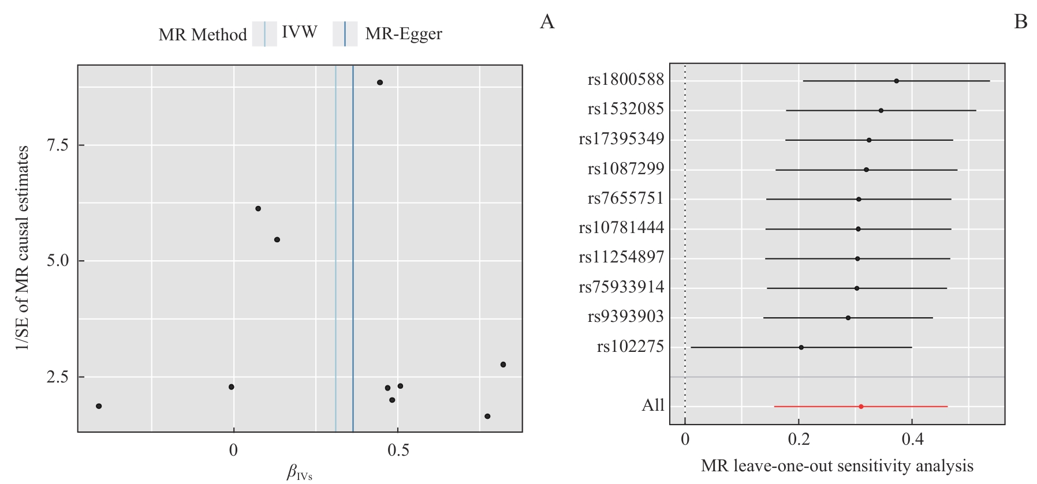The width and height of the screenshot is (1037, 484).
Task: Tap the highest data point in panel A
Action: point(379,82)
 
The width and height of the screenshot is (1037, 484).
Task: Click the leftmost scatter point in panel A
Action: point(99,406)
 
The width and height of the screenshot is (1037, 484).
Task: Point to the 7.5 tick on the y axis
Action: point(58,145)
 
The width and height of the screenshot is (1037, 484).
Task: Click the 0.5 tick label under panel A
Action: point(398,451)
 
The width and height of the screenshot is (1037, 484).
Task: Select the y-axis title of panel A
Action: point(23,248)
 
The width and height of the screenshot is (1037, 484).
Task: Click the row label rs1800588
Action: point(626,80)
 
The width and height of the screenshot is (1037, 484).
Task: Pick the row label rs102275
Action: point(631,347)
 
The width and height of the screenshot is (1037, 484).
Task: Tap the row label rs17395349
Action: point(621,139)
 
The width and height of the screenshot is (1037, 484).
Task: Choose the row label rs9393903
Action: point(626,317)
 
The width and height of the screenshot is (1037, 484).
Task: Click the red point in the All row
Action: point(861,407)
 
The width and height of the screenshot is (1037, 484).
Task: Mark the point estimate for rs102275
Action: point(801,347)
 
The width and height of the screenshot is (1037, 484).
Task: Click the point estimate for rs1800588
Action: point(896,81)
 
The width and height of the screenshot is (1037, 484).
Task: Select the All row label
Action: point(653,406)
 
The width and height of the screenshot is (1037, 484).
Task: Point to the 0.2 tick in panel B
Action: point(799,440)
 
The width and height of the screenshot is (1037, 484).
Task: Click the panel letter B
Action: point(1020,22)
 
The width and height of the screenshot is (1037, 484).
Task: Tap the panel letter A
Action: point(547,22)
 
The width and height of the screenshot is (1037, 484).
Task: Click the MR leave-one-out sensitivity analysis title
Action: point(837,466)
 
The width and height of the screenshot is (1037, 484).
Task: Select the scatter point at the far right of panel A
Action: point(503,365)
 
